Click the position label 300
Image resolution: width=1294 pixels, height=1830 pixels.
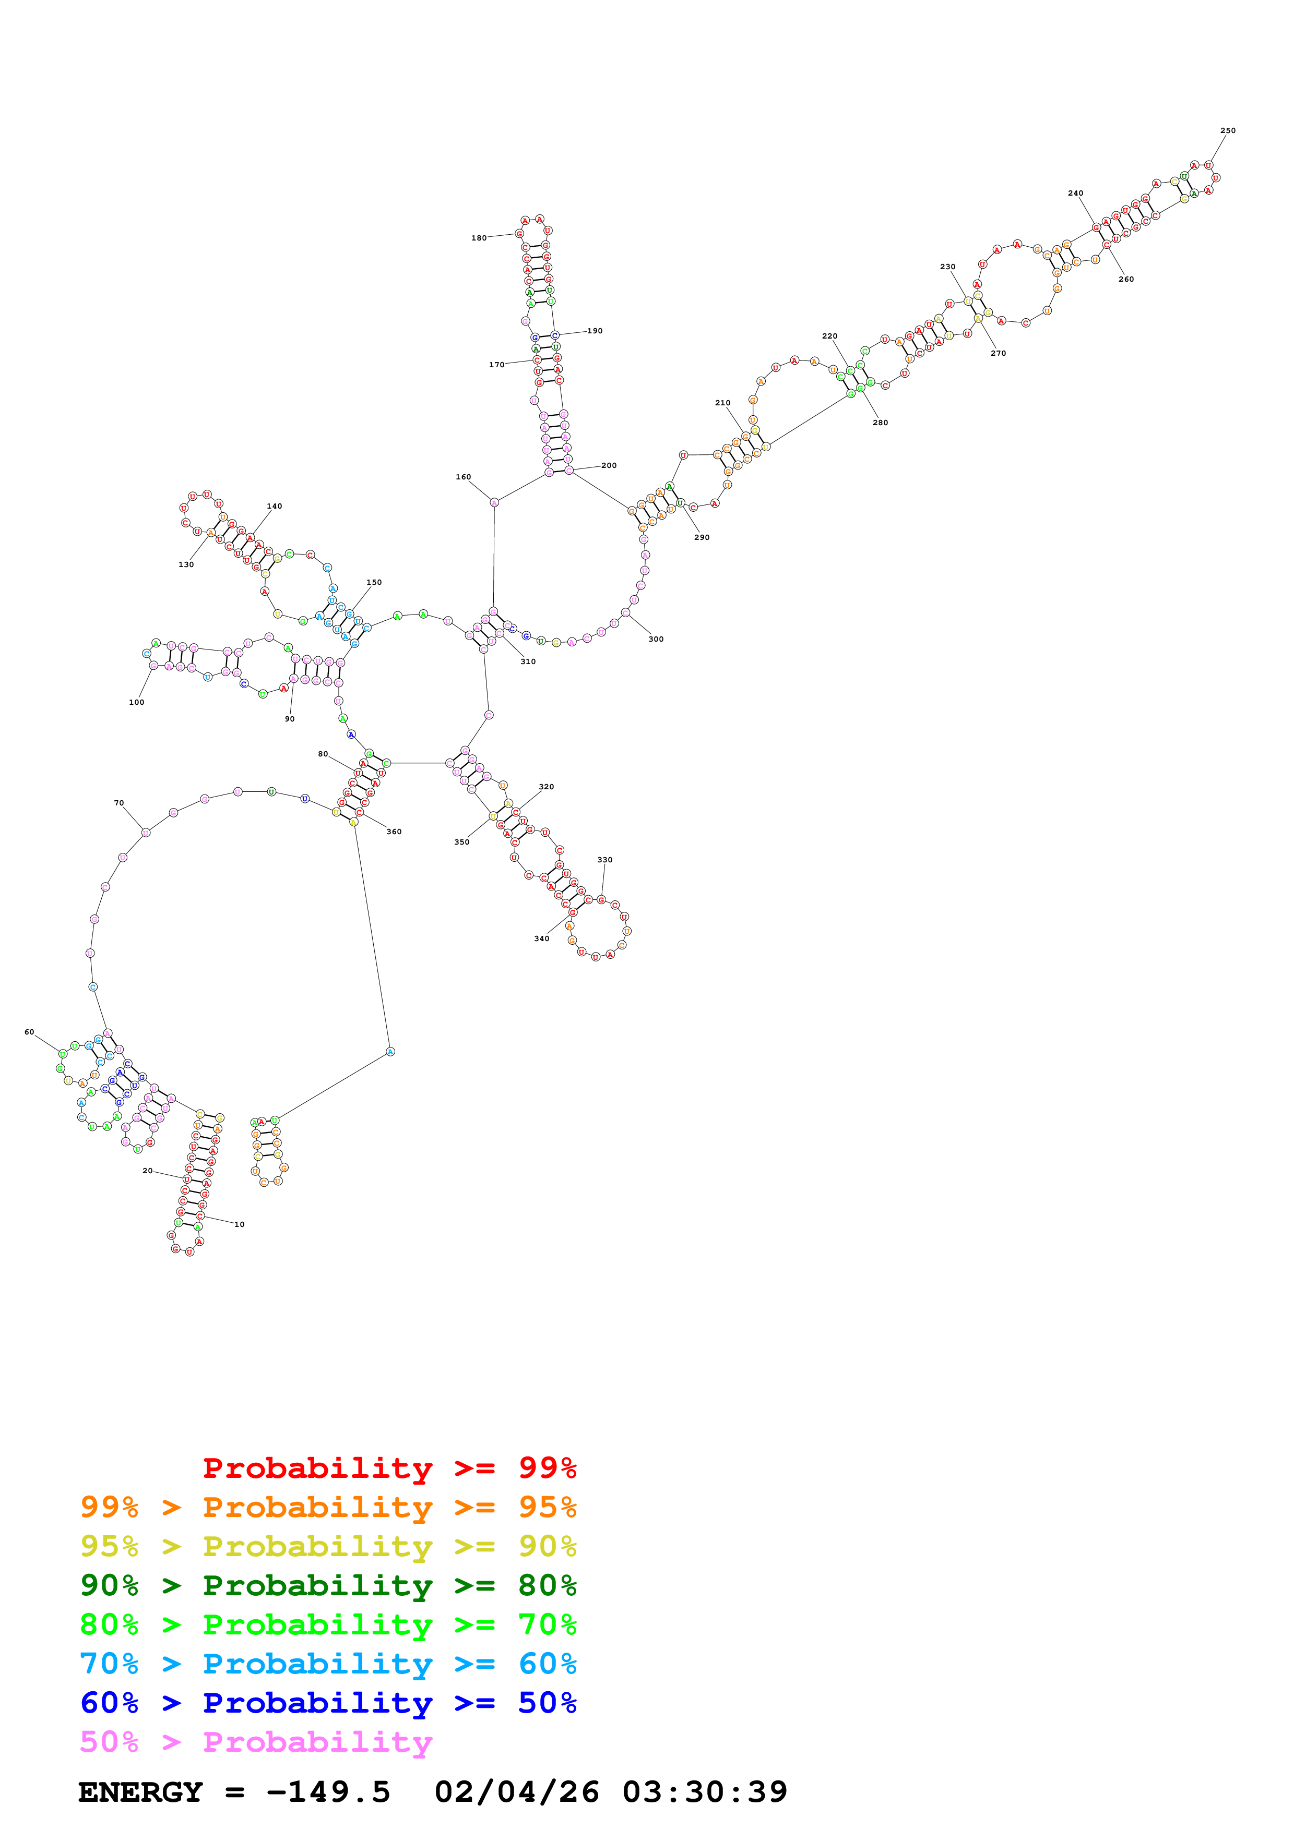[656, 639]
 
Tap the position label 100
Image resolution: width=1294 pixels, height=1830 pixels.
[136, 702]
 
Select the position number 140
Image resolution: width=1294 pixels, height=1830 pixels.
[274, 506]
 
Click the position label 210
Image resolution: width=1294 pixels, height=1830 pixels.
[722, 403]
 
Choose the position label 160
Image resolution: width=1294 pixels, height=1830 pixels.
[463, 477]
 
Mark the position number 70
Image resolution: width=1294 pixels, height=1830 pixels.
[119, 803]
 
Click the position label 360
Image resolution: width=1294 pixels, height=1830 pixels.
[394, 832]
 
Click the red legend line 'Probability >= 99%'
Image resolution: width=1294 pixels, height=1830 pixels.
[389, 1468]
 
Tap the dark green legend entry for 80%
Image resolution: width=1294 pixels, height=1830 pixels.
[328, 1585]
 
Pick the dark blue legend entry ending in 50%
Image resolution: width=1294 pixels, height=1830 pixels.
[328, 1703]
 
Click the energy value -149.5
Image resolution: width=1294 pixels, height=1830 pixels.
[328, 1792]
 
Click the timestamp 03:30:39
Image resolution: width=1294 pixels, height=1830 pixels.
[705, 1792]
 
